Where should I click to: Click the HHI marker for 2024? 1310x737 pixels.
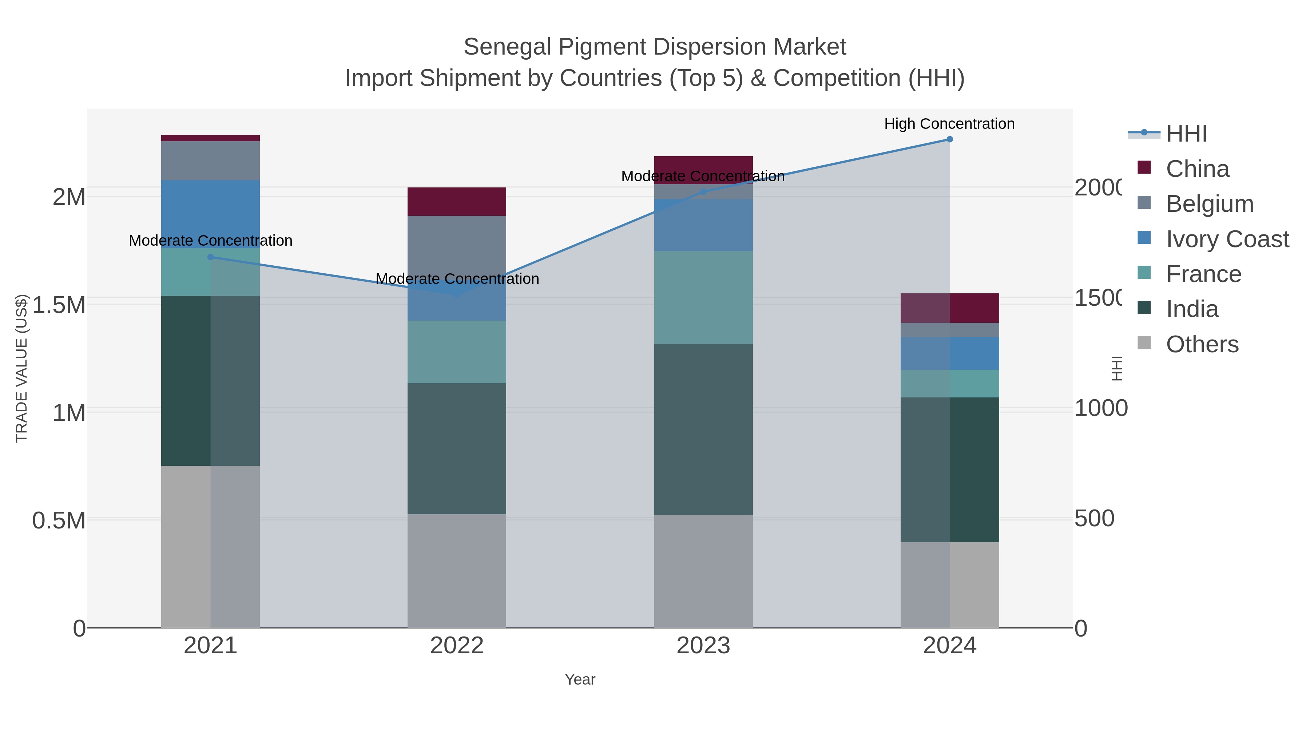(x=949, y=139)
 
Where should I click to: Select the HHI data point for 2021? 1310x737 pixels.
(x=211, y=257)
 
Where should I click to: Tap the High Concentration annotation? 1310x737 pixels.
(x=949, y=124)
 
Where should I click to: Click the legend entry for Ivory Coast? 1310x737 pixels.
(x=1227, y=239)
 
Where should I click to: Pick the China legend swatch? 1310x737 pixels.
(x=1144, y=168)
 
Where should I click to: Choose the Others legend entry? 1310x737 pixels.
(x=1202, y=344)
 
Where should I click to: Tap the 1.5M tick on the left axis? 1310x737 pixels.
(x=59, y=305)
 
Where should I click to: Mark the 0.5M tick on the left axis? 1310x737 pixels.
(x=59, y=521)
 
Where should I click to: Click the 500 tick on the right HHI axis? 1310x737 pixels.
(x=1094, y=519)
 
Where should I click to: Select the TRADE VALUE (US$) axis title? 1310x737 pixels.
(x=22, y=368)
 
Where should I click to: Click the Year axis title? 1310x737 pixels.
(x=580, y=679)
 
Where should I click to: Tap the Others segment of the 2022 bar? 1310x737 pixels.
(x=457, y=571)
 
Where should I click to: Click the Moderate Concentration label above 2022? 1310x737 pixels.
(x=457, y=279)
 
